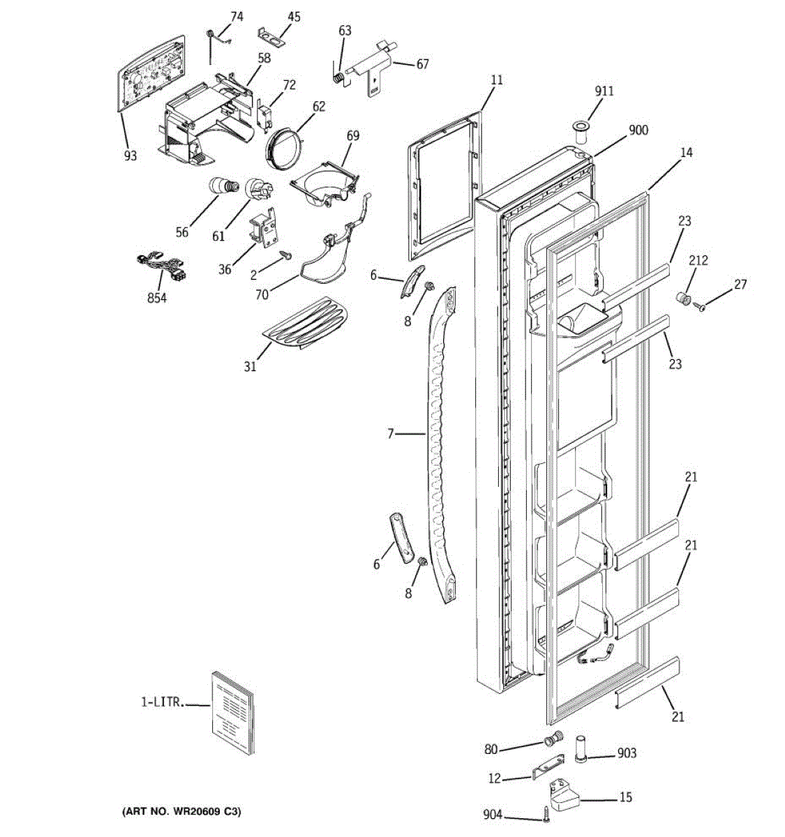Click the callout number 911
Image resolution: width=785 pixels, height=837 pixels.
point(604,91)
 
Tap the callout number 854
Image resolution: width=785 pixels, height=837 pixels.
point(157,299)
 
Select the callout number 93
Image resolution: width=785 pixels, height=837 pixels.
point(130,156)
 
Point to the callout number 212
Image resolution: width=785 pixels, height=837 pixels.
point(698,260)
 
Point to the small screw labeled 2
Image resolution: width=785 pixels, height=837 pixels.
point(285,256)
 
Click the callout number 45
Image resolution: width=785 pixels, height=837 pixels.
point(294,17)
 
